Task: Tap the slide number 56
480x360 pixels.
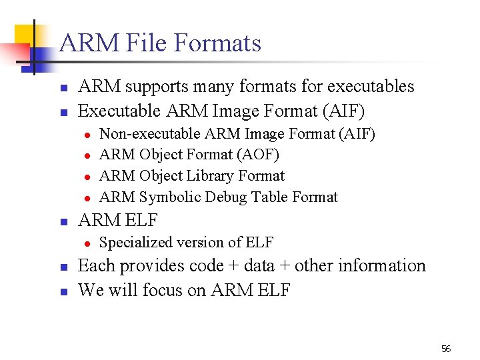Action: tap(446, 349)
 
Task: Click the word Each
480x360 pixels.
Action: tap(96, 266)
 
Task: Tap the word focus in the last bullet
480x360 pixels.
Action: tap(165, 290)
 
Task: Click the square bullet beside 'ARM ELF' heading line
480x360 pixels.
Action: tap(63, 221)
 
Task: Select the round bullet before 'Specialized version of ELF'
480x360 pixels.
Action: tap(87, 243)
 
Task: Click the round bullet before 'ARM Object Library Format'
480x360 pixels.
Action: tap(87, 177)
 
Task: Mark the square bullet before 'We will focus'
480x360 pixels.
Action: tap(63, 291)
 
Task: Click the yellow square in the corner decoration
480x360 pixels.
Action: tap(27, 37)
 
